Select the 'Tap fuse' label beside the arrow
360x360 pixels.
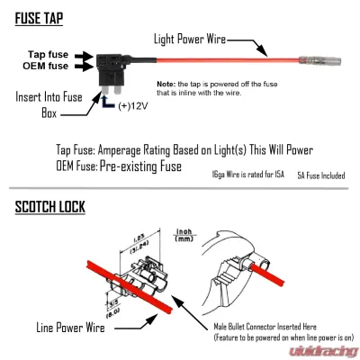click(46, 54)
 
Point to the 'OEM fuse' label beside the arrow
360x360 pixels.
click(45, 66)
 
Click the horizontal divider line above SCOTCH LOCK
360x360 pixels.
click(180, 192)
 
